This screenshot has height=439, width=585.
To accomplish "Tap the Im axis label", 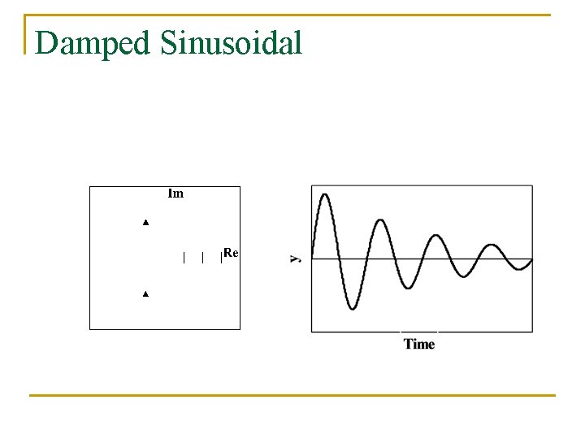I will click(175, 193).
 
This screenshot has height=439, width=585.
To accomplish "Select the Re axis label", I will click(231, 254).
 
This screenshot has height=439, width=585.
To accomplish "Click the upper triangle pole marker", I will click(146, 222).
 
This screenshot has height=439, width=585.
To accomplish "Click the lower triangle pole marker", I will click(146, 293).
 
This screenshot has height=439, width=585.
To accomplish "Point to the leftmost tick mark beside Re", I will click(184, 259).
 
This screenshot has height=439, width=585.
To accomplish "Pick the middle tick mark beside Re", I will click(202, 259).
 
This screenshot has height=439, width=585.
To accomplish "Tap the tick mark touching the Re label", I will click(221, 259).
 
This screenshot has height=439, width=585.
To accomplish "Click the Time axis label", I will click(419, 344).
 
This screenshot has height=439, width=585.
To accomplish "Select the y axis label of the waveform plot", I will click(295, 259).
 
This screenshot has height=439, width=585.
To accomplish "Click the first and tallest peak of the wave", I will click(324, 195).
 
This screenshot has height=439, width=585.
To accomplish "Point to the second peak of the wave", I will click(380, 220).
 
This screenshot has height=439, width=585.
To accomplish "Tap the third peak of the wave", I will click(436, 236).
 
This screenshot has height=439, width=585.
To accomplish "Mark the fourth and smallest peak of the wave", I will click(492, 245).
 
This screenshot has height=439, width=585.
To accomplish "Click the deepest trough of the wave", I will click(352, 308).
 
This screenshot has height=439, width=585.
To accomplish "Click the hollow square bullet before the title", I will click(26, 33).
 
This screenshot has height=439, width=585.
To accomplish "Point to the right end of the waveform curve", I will click(532, 259).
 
